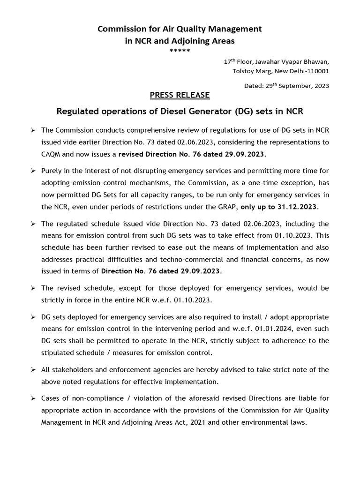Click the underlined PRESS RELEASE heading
point(180,95)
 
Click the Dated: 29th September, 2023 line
point(286,86)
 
